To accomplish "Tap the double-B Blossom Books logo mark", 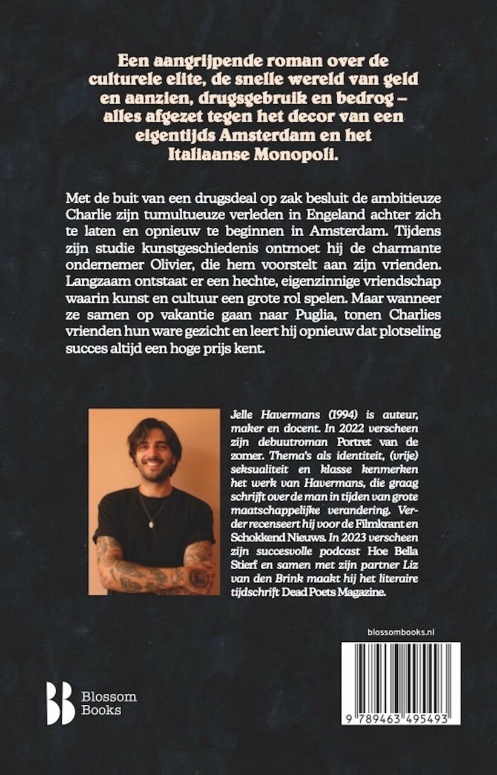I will point(61,703).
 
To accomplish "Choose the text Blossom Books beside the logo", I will point(109,704).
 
